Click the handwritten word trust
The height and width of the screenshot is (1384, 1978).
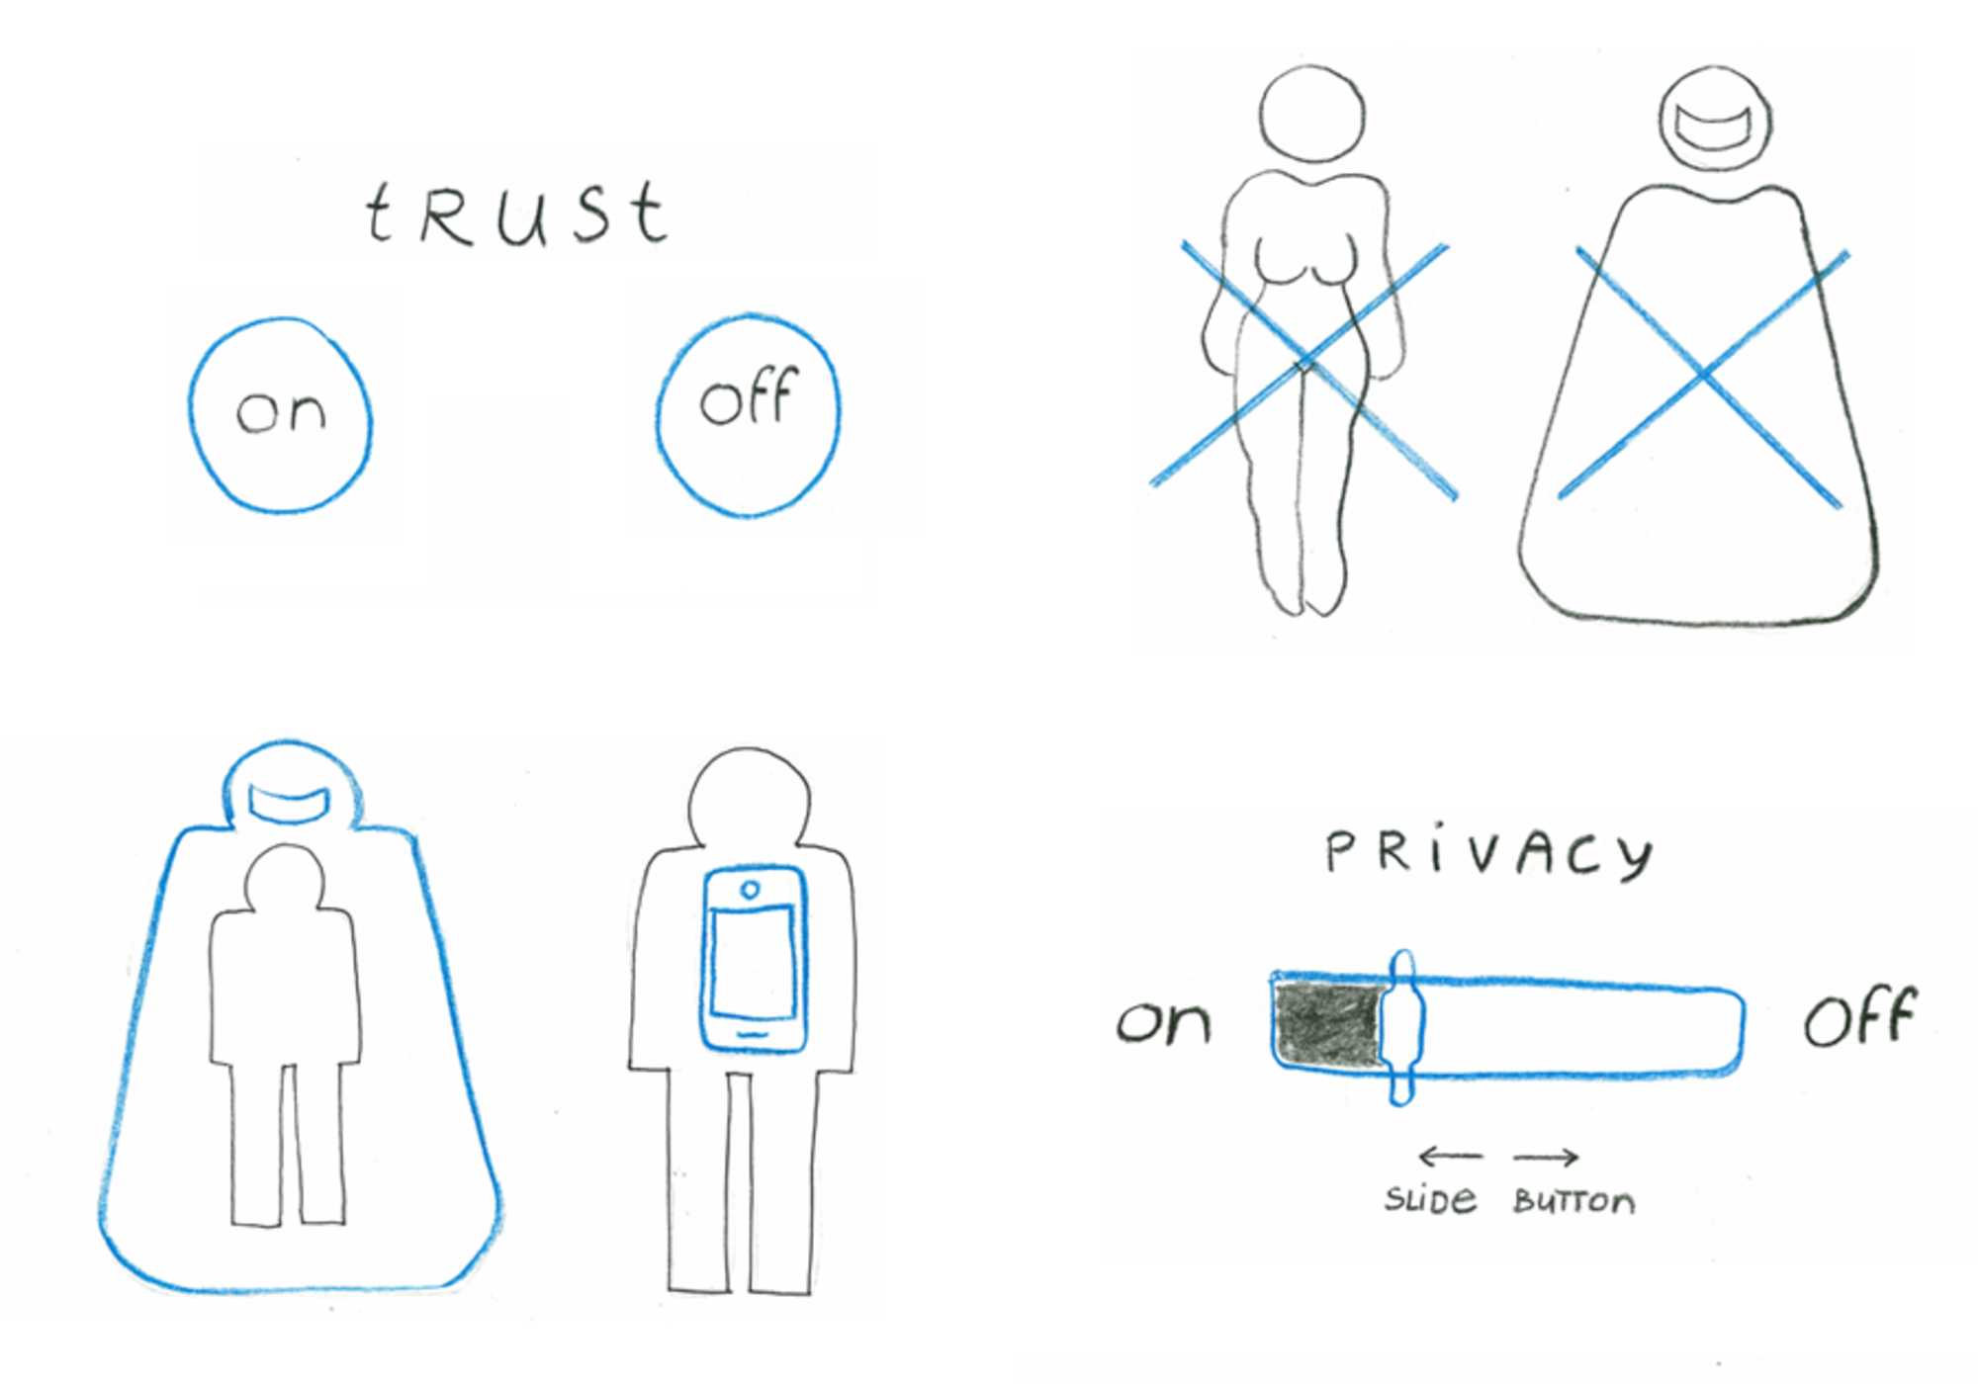tap(516, 213)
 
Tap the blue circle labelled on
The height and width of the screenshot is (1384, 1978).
tap(281, 415)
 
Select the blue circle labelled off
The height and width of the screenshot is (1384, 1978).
tap(748, 415)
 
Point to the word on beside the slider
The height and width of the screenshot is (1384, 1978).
tap(1163, 1022)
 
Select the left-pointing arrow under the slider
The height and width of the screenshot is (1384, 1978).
tap(1450, 1156)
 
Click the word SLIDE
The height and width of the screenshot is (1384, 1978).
tap(1430, 1200)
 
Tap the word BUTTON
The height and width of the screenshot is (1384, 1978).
tap(1573, 1202)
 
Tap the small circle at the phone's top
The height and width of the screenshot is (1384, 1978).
tap(750, 890)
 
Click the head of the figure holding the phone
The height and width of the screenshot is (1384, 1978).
tap(749, 796)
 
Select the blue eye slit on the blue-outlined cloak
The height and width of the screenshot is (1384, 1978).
tap(288, 803)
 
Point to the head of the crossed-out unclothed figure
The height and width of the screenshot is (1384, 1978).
tap(1312, 114)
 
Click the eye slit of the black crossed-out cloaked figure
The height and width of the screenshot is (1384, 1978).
tap(1715, 129)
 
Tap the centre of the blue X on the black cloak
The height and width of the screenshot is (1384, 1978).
tap(1705, 374)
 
